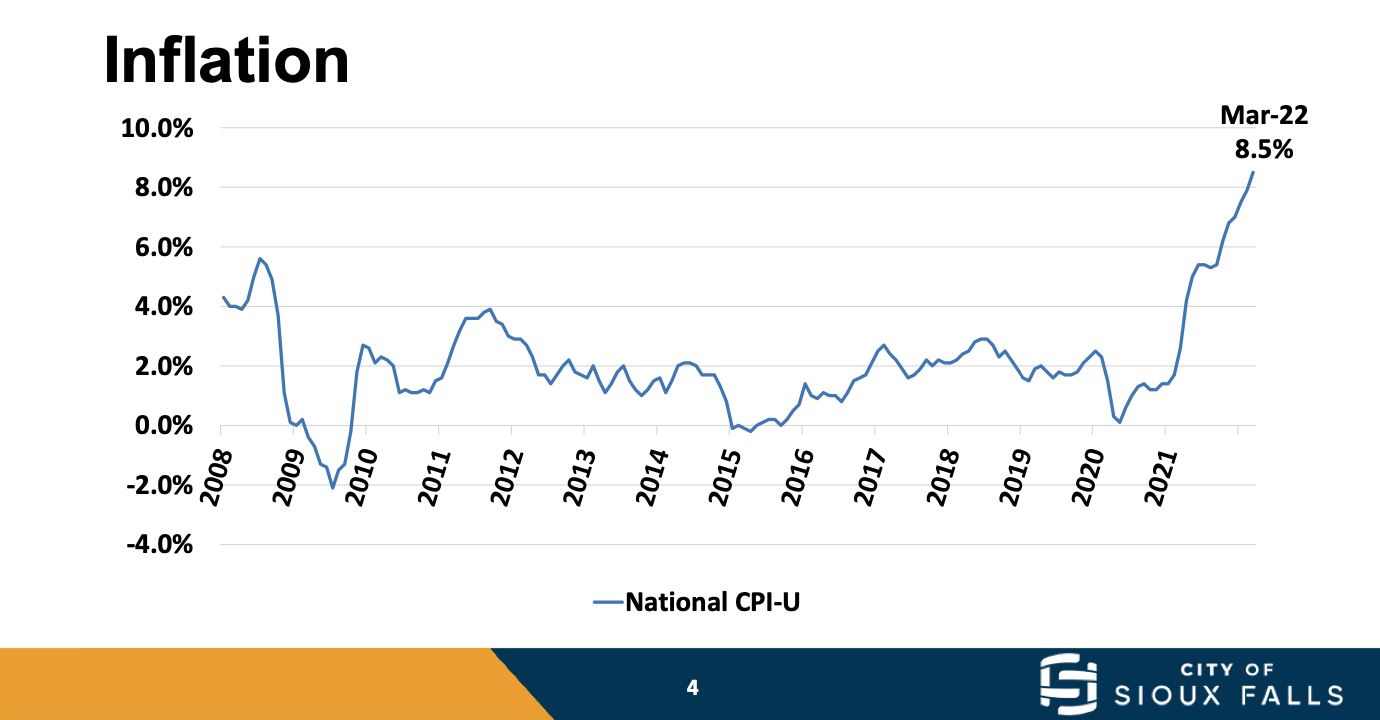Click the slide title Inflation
(227, 59)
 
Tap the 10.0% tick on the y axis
(157, 128)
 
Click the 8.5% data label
(1264, 150)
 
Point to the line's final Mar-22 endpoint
(1253, 172)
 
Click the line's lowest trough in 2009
(333, 488)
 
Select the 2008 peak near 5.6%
(260, 258)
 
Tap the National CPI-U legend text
(712, 602)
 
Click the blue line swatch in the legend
(608, 602)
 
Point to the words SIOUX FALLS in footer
(1229, 694)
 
